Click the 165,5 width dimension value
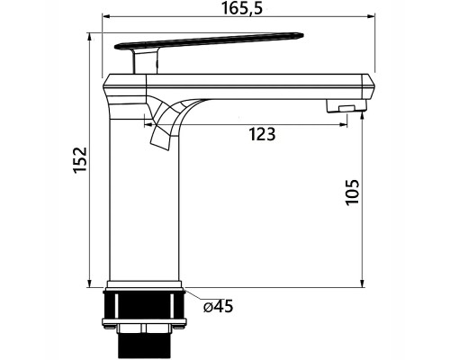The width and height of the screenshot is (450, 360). pos(242,8)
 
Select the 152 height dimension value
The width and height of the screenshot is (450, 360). pos(80,159)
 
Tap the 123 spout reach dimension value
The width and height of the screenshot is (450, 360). pos(262,134)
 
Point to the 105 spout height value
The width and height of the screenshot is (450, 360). pos(352,192)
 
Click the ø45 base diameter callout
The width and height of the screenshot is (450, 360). pos(218,306)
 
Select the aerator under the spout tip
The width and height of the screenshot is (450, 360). pos(346,107)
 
